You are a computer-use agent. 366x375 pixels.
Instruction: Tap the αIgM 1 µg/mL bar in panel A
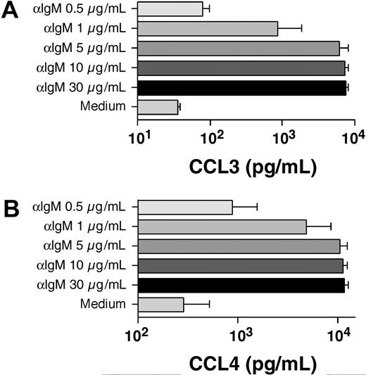pyautogui.click(x=208, y=29)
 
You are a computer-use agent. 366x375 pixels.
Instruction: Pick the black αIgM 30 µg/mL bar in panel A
pyautogui.click(x=241, y=87)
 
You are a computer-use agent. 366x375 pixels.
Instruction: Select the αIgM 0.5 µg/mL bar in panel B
pyautogui.click(x=185, y=207)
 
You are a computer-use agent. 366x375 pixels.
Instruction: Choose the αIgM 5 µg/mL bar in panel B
pyautogui.click(x=239, y=246)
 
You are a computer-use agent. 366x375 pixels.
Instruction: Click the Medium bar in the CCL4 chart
pyautogui.click(x=160, y=304)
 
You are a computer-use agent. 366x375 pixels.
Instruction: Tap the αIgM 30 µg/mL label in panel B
pyautogui.click(x=80, y=284)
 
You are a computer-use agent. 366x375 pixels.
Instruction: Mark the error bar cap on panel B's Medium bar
pyautogui.click(x=210, y=304)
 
